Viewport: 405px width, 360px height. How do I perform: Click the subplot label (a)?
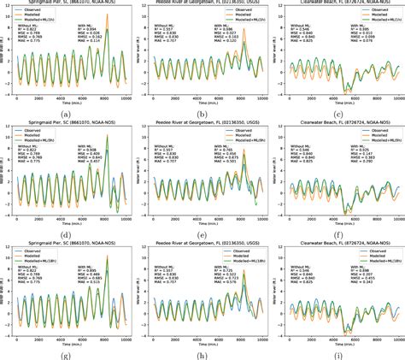pyautogui.click(x=70, y=113)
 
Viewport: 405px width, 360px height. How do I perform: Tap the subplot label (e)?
pyautogui.click(x=207, y=233)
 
